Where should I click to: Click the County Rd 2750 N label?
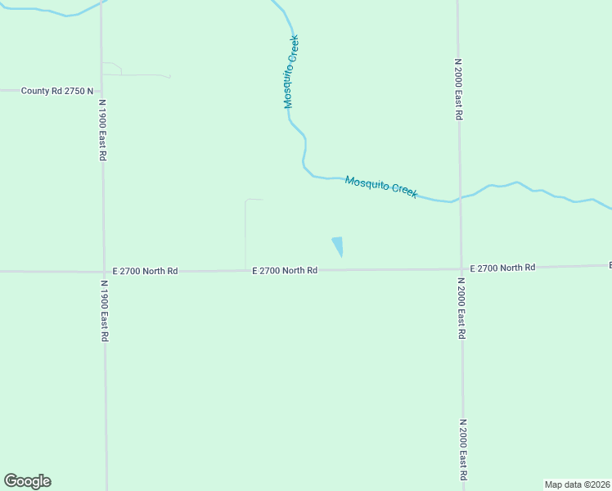pos(58,91)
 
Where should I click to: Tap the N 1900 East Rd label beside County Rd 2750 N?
pos(103,130)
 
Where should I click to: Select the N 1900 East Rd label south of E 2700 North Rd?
pos(104,311)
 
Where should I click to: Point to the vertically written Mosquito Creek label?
pos(290,72)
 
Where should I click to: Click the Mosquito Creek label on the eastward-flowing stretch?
pos(381,187)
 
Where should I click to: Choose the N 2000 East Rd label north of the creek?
pos(459,89)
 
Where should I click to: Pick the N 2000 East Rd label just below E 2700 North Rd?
pos(461,309)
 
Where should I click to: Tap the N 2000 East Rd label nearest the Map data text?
pos(463,449)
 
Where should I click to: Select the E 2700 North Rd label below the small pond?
pos(285,270)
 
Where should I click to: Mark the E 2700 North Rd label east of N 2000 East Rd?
pos(502,268)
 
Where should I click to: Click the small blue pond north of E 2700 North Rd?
pos(337,245)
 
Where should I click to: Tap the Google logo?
pos(27,481)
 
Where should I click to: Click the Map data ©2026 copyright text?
pos(577,484)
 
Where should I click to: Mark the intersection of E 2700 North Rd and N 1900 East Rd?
pos(103,271)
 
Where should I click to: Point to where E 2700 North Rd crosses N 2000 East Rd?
pos(461,268)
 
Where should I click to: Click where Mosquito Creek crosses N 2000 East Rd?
pos(460,199)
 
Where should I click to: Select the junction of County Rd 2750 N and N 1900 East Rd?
pos(101,91)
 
